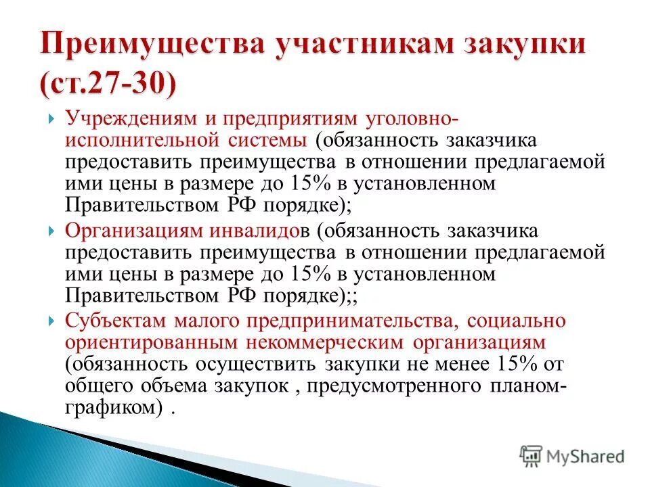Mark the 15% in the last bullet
pyautogui.click(x=514, y=365)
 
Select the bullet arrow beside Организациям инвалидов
pyautogui.click(x=51, y=231)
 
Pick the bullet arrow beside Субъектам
pyautogui.click(x=51, y=321)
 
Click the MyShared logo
pyautogui.click(x=571, y=456)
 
